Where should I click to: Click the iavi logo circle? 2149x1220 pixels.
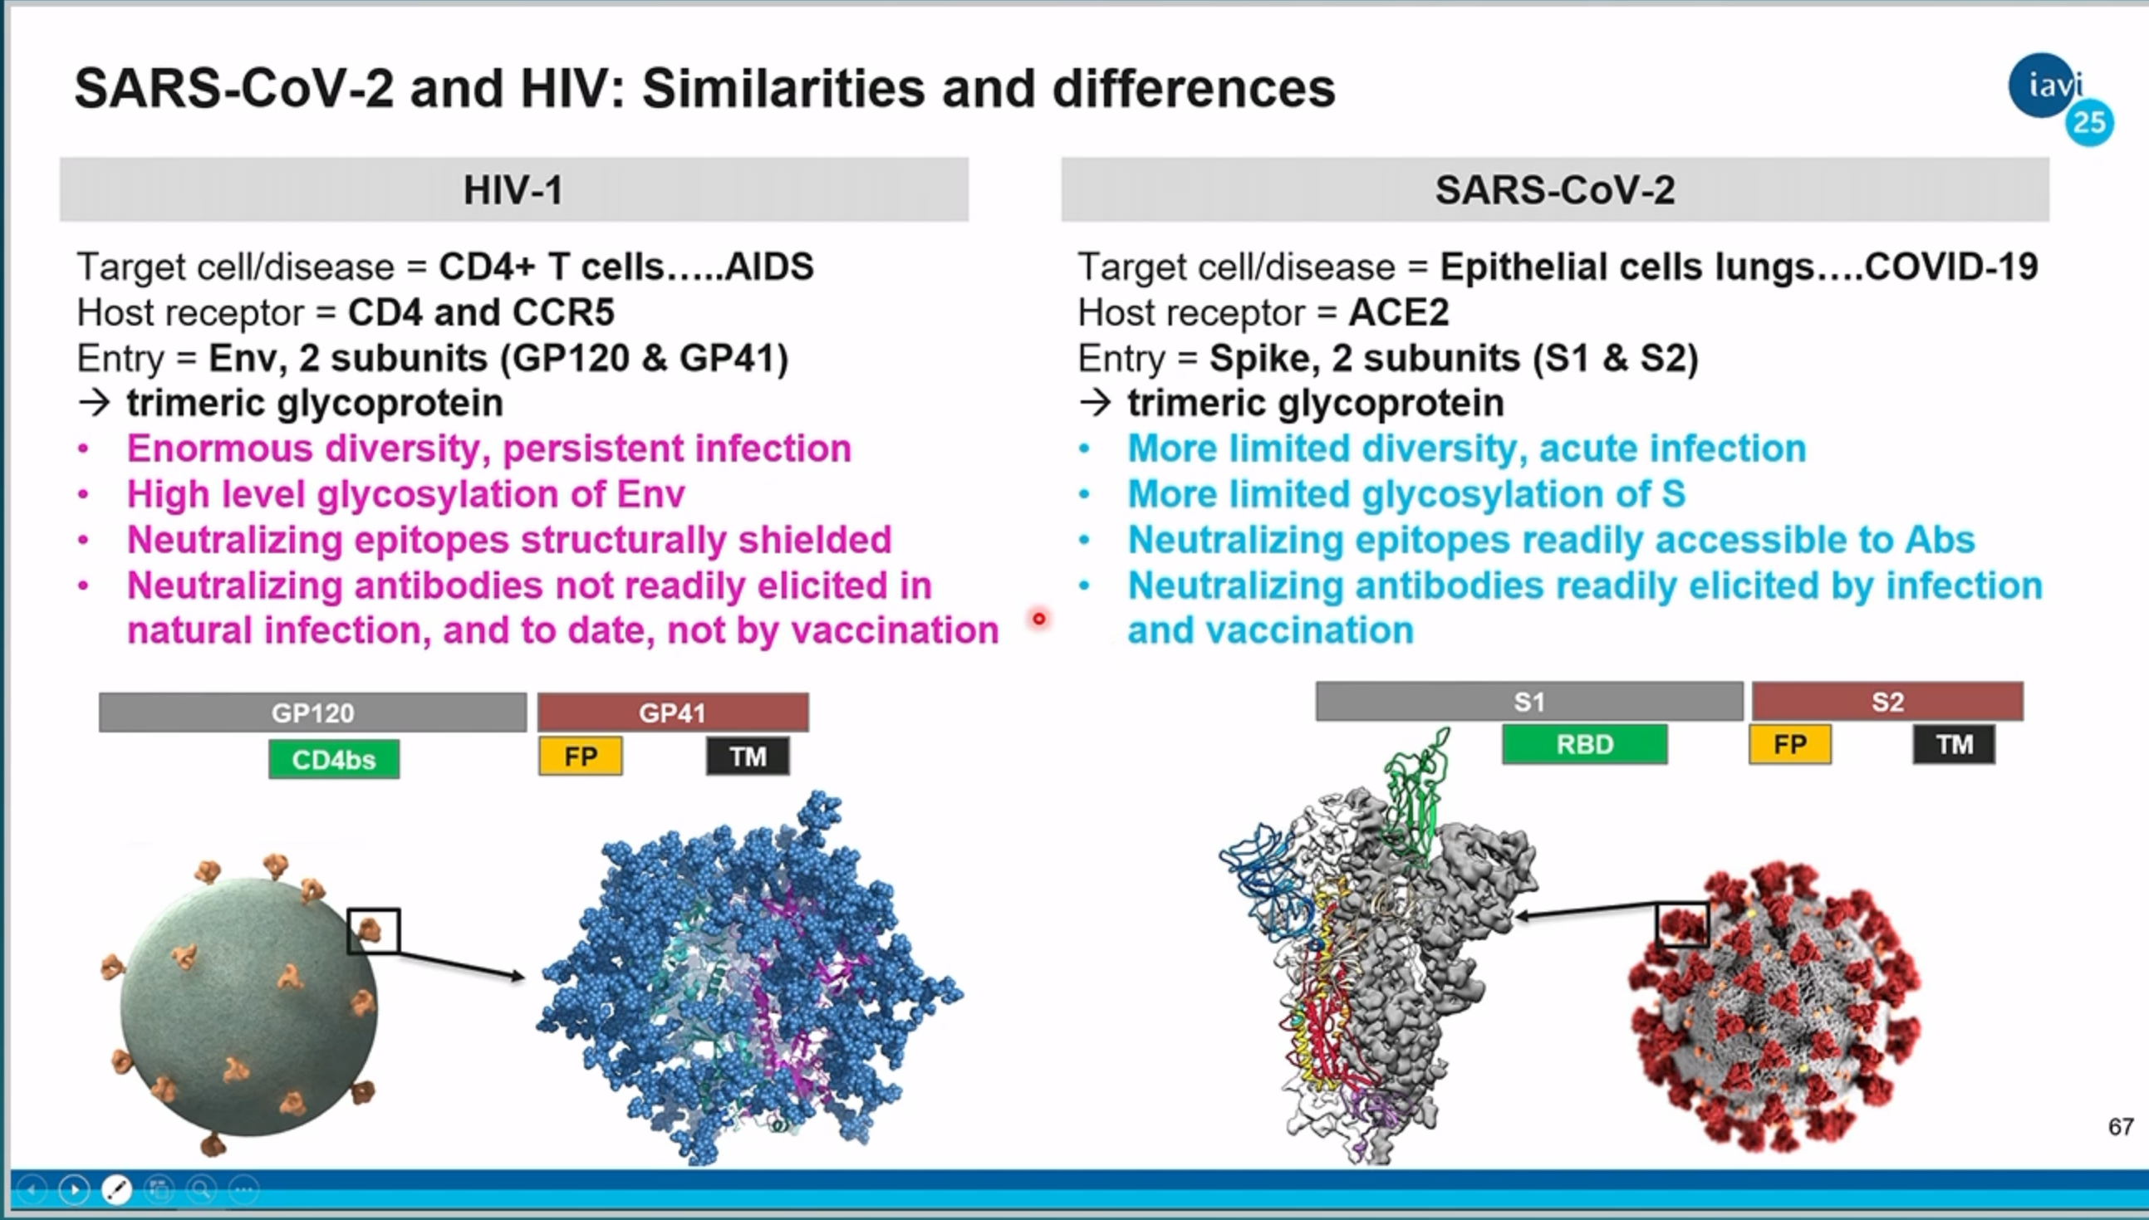(x=2045, y=86)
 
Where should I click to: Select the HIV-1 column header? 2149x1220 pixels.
(x=513, y=189)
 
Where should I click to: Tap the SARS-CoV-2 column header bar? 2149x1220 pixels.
(x=1555, y=189)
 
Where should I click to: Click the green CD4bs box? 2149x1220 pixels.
(x=334, y=759)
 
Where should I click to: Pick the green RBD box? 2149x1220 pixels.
(x=1585, y=744)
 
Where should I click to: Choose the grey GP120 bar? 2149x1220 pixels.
(x=312, y=713)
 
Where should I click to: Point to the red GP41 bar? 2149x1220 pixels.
(x=673, y=713)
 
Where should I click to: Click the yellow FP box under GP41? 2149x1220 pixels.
(x=581, y=757)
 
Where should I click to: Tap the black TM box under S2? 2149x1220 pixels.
(x=1954, y=744)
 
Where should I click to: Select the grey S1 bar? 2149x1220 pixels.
(x=1529, y=701)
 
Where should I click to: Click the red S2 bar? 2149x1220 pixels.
(x=1887, y=701)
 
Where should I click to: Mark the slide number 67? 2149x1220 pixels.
(x=2121, y=1127)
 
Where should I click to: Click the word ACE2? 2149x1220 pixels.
(x=1399, y=312)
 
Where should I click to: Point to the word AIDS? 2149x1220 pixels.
(x=769, y=267)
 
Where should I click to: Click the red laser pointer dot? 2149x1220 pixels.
(x=1039, y=620)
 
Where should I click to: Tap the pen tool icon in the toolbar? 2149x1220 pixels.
(x=116, y=1189)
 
